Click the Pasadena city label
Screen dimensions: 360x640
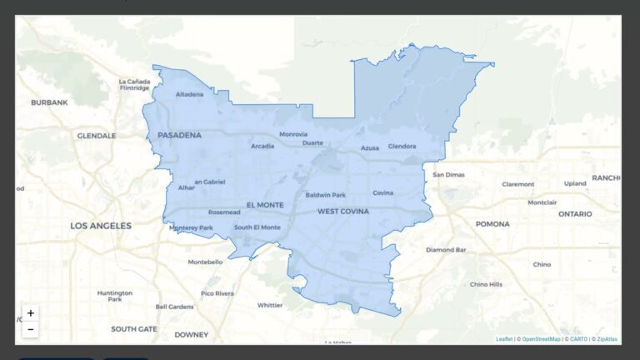(x=179, y=135)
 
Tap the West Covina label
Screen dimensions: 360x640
(x=342, y=212)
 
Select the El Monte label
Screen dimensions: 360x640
(x=265, y=205)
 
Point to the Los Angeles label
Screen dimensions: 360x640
(x=101, y=226)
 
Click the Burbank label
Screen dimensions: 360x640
(x=49, y=102)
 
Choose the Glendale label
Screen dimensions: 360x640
(x=97, y=135)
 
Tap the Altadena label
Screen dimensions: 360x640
(x=189, y=94)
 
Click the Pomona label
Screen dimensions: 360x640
(x=492, y=224)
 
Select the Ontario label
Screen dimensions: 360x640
(x=575, y=214)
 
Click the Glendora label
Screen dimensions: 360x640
(x=402, y=147)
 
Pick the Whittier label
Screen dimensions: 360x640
(x=270, y=305)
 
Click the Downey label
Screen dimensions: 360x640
(x=191, y=334)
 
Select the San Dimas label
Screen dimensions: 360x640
(x=449, y=175)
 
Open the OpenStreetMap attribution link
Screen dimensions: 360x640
(x=541, y=339)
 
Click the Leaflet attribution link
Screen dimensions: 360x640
(x=504, y=339)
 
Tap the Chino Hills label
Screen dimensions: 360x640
(x=486, y=284)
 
